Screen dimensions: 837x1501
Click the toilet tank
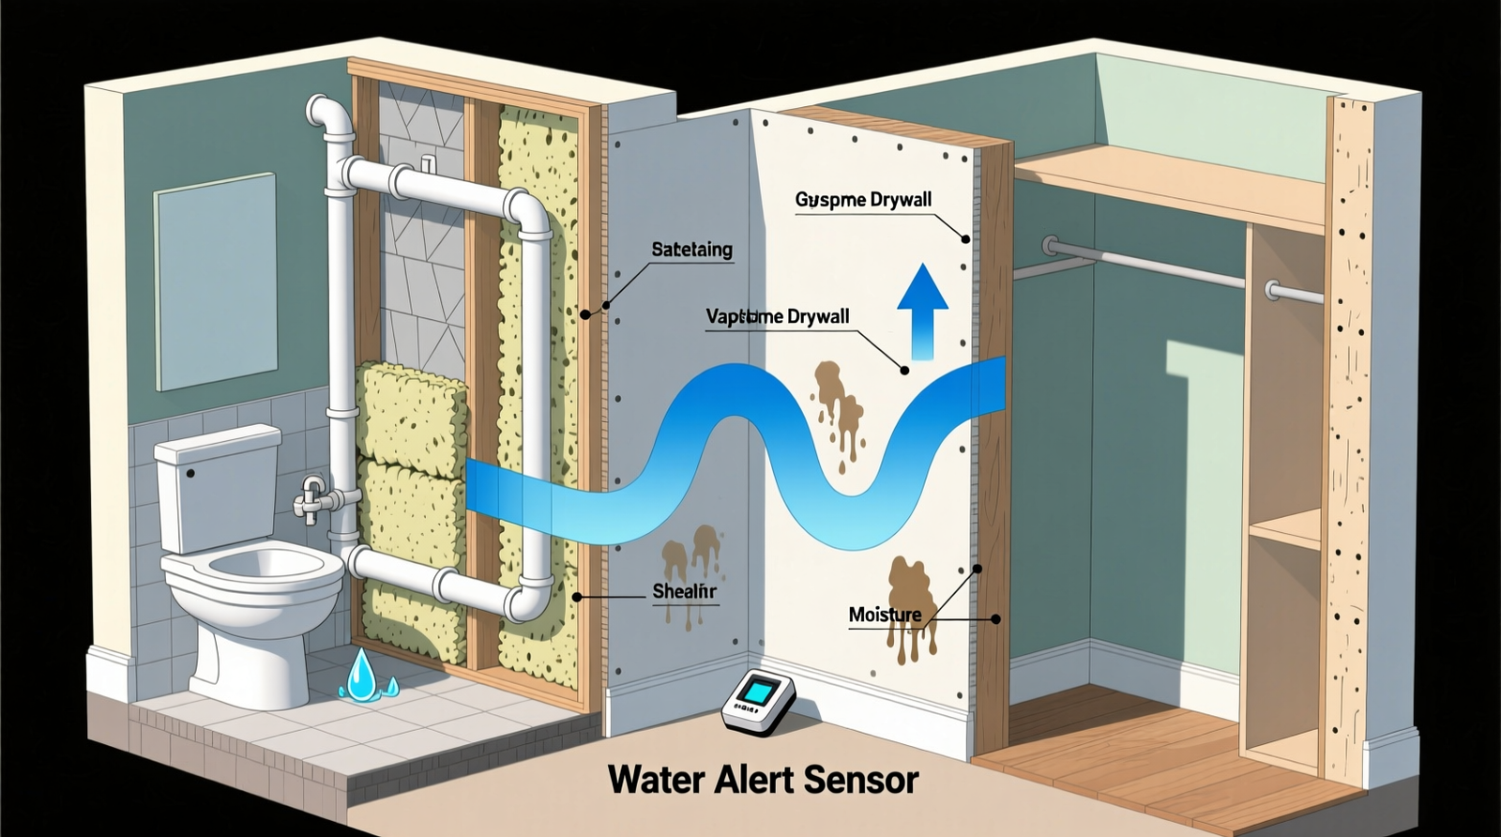pos(217,488)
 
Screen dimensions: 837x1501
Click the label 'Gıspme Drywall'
pos(863,200)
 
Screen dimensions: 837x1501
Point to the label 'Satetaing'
pos(691,250)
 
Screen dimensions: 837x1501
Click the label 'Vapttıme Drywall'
pos(778,316)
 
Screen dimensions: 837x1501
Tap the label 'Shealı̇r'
pos(684,591)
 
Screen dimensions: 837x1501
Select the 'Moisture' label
pos(885,615)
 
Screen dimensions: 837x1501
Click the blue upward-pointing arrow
pos(922,310)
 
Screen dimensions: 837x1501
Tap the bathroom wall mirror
pos(216,282)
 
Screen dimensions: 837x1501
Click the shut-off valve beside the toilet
pos(313,497)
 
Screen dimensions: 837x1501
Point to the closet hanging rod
pos(1163,268)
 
